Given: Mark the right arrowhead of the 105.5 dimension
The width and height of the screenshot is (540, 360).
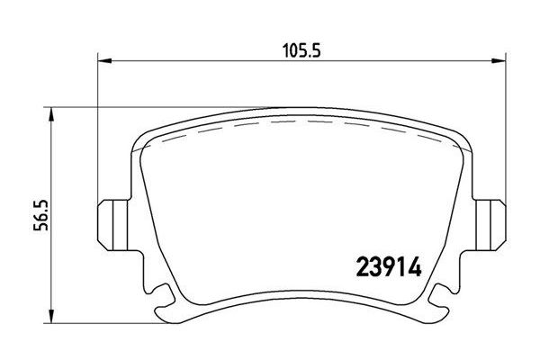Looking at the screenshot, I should pos(496,61).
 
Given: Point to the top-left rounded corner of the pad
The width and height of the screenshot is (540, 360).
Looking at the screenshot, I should pos(142,135).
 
